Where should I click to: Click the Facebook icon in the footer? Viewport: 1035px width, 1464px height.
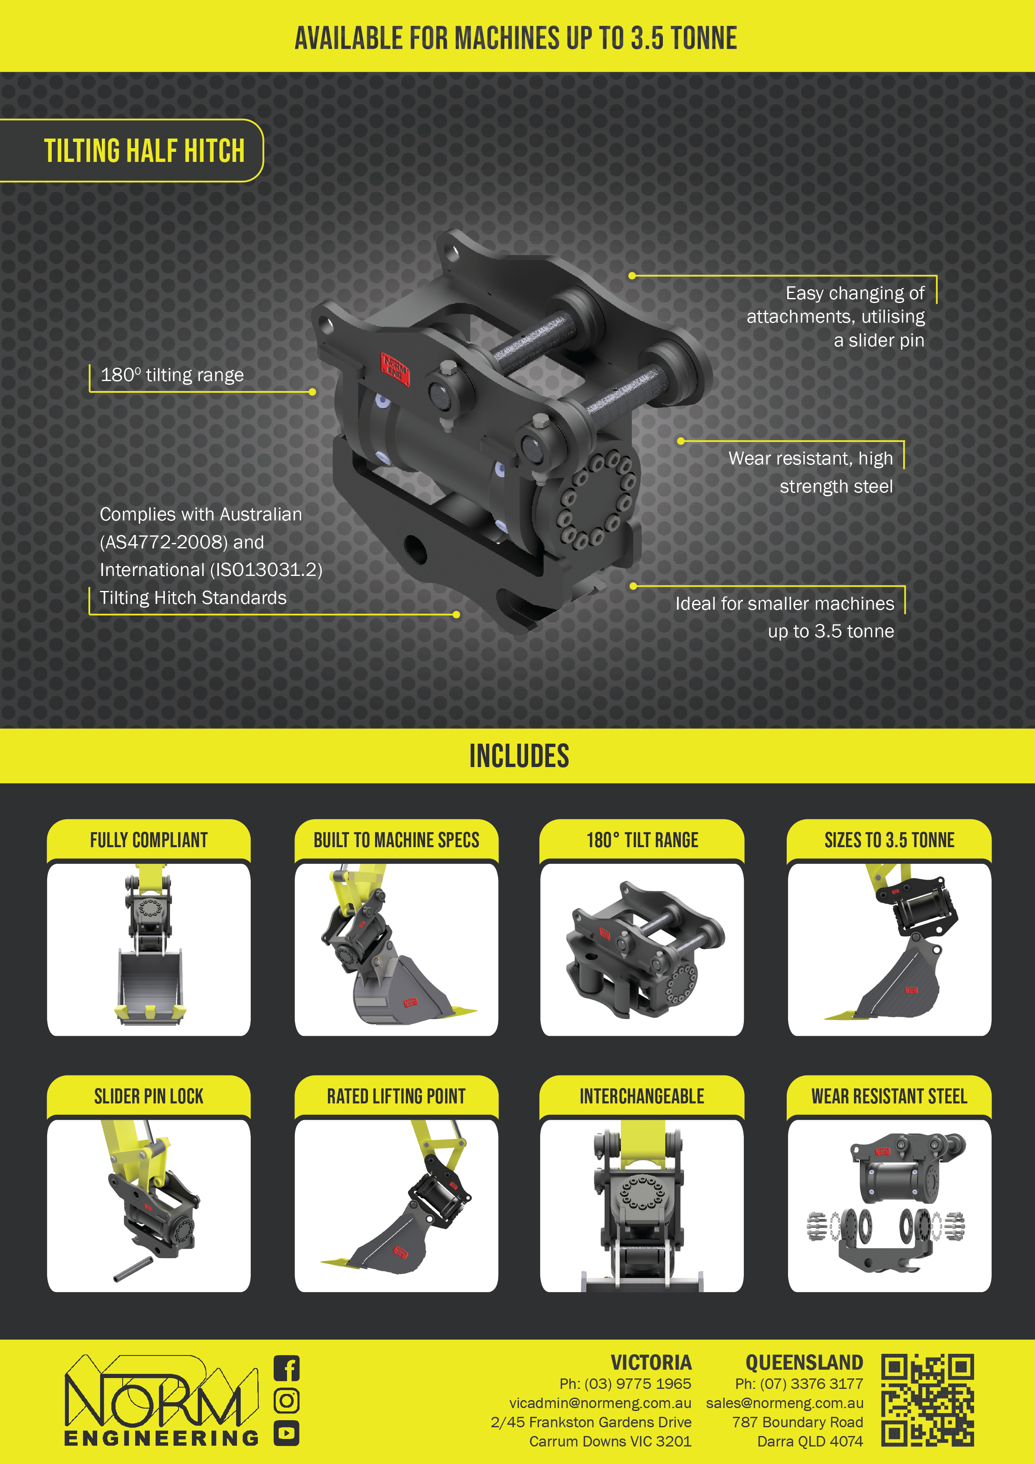(286, 1368)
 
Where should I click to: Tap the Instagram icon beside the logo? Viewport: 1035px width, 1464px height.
(286, 1401)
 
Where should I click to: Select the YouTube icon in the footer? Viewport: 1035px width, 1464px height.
(286, 1434)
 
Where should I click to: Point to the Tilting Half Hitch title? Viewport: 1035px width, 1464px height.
(144, 151)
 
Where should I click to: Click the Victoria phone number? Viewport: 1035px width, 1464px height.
(625, 1383)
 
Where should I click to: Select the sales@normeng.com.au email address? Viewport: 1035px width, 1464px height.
(785, 1403)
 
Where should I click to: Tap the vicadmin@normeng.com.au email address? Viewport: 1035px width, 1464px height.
(600, 1403)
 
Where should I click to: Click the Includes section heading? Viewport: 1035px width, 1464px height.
(519, 756)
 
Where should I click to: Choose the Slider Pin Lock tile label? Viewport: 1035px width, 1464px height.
(149, 1096)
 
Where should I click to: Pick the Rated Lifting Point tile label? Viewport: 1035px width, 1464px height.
(396, 1096)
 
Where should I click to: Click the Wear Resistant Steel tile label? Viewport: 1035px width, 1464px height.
(889, 1096)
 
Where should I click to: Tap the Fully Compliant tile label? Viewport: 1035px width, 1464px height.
(149, 840)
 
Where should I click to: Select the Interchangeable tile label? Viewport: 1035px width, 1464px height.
(642, 1096)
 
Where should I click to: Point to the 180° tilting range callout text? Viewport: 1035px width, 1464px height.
(172, 374)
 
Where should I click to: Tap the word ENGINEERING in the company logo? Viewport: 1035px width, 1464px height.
(161, 1438)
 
